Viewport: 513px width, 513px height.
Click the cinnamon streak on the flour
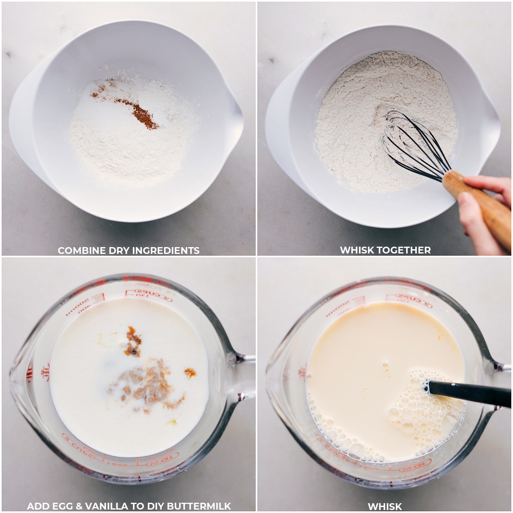[x=139, y=112]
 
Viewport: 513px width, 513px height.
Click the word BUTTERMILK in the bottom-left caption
[x=199, y=506]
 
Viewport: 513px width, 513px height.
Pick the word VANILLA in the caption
[x=109, y=506]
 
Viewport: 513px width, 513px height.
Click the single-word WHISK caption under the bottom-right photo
[x=385, y=507]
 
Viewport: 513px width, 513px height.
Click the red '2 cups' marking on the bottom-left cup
[x=150, y=294]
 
